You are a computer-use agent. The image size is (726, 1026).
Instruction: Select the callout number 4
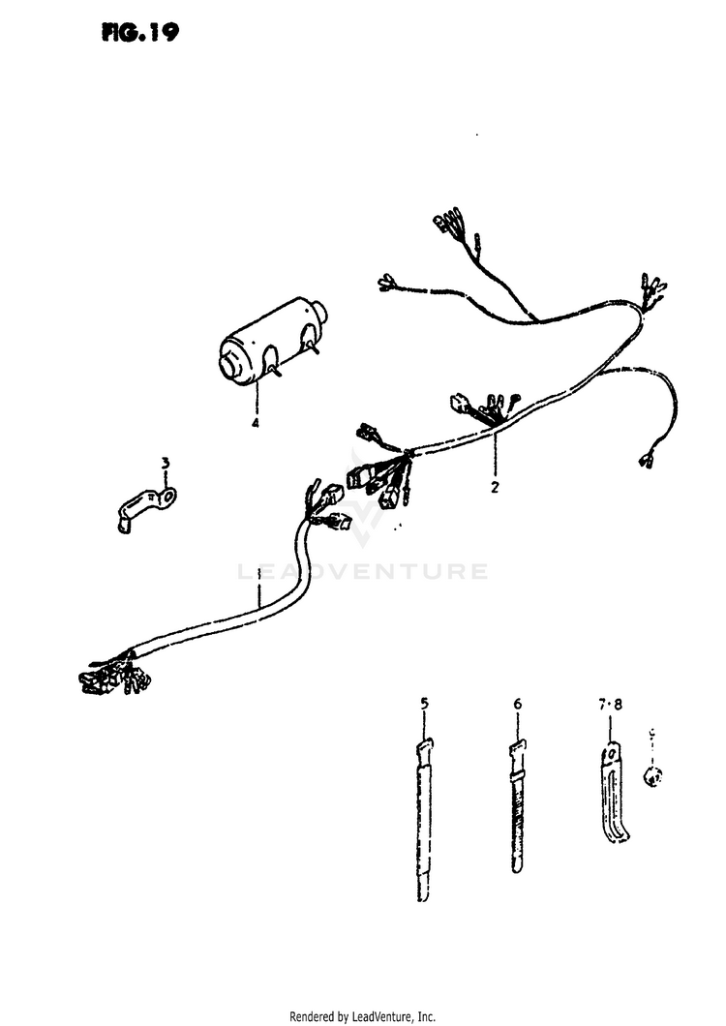pyautogui.click(x=256, y=423)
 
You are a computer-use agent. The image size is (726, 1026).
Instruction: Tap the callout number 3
pyautogui.click(x=165, y=464)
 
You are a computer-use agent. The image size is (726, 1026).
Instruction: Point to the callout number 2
pyautogui.click(x=494, y=488)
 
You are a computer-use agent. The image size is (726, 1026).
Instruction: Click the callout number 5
pyautogui.click(x=423, y=703)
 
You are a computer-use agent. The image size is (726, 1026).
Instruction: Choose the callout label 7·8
pyautogui.click(x=611, y=707)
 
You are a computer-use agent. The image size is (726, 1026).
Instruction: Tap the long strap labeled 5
pyautogui.click(x=423, y=823)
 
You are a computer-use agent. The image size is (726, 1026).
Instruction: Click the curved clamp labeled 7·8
pyautogui.click(x=613, y=794)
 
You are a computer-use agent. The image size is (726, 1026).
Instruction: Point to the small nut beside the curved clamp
pyautogui.click(x=654, y=773)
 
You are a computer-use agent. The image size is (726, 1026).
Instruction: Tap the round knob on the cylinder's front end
pyautogui.click(x=233, y=365)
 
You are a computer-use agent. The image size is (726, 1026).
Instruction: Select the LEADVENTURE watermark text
pyautogui.click(x=363, y=571)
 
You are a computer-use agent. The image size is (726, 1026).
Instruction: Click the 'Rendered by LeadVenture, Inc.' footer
pyautogui.click(x=363, y=1015)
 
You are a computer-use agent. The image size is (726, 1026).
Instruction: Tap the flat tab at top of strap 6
pyautogui.click(x=517, y=747)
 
